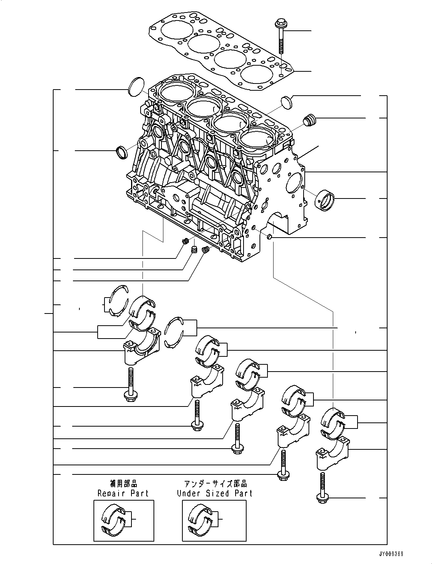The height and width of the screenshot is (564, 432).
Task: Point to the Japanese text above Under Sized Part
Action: tap(215, 484)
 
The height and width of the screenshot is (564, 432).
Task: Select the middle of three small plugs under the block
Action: tap(194, 250)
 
